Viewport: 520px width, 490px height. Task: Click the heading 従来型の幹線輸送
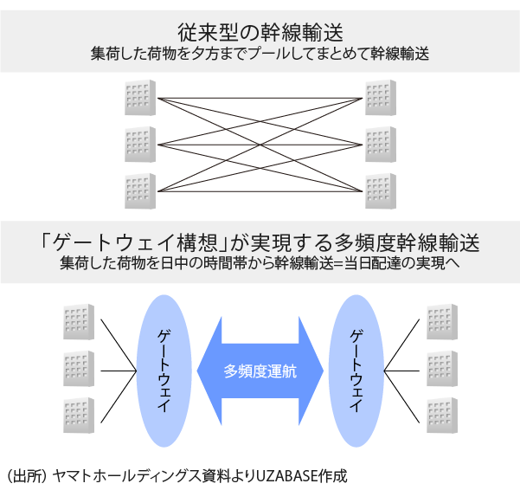pos(260,32)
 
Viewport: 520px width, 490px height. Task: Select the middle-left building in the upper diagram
pos(140,144)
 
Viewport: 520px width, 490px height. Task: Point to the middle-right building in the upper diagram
pos(380,144)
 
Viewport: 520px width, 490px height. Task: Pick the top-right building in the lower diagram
pos(442,322)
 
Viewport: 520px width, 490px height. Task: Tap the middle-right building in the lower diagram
pos(442,369)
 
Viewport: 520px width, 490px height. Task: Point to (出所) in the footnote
pos(25,475)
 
